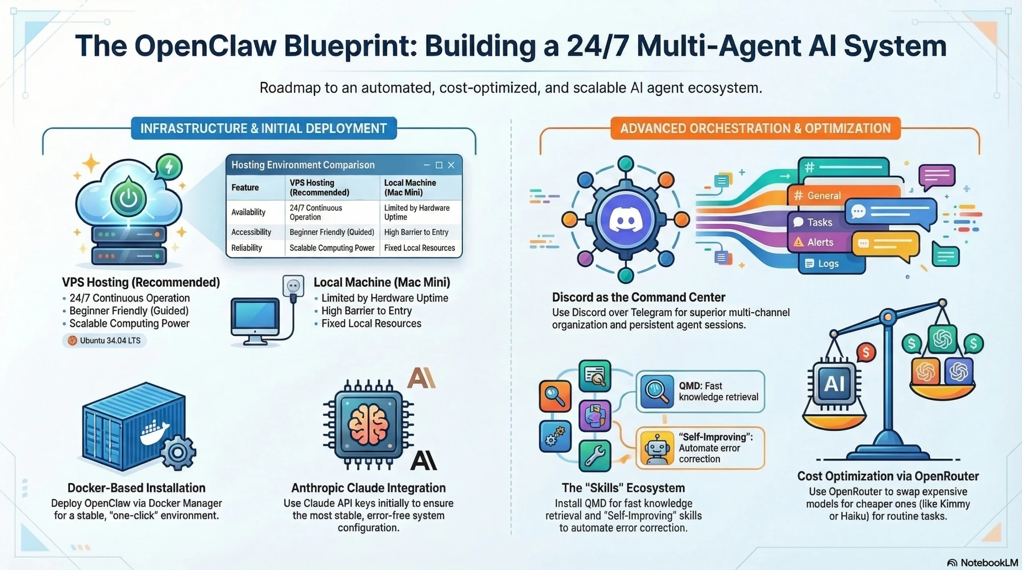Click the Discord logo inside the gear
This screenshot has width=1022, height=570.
[625, 219]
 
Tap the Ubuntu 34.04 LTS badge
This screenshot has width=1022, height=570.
[104, 341]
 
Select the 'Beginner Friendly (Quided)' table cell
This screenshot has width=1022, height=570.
[332, 232]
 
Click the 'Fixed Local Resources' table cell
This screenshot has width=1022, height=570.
[419, 248]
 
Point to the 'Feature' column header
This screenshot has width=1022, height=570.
[245, 187]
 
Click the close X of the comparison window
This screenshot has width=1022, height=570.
[451, 165]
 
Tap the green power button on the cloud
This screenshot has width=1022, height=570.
[129, 198]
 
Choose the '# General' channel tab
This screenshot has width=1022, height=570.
[818, 195]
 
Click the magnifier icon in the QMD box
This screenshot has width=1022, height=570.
[656, 391]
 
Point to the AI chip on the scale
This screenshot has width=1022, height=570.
[834, 384]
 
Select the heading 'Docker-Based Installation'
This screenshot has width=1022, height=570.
[137, 488]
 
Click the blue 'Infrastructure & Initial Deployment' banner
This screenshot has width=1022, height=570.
[263, 128]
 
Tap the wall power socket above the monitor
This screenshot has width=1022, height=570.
[293, 286]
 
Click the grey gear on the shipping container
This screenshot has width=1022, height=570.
[178, 452]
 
